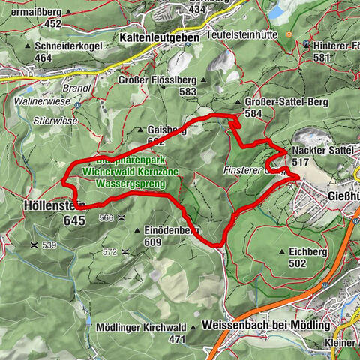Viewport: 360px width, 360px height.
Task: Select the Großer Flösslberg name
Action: tap(156, 79)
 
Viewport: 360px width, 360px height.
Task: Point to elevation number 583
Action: tap(166, 91)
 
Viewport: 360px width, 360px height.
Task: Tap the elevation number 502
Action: tap(296, 263)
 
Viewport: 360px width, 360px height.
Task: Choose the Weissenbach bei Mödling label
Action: tap(266, 325)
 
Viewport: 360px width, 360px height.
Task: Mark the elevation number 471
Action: tap(177, 339)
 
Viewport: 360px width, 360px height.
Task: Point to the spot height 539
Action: tap(49, 244)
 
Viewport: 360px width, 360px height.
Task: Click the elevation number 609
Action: tap(152, 242)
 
